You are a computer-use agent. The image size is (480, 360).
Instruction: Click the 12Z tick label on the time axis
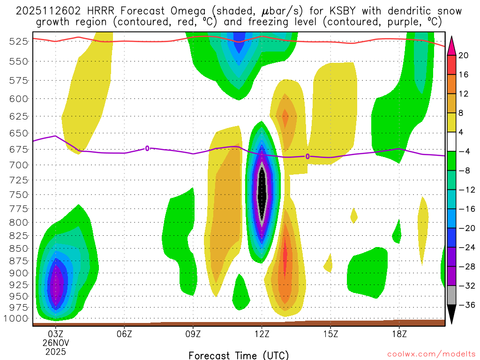tap(262, 335)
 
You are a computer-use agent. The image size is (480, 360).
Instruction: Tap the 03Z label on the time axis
tap(56, 335)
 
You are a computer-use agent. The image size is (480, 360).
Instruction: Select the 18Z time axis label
tap(399, 335)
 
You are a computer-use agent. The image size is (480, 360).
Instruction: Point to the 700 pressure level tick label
tap(18, 165)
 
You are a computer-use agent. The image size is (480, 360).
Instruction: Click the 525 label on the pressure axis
tap(18, 41)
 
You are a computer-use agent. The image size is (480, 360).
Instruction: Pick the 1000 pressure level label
tap(16, 319)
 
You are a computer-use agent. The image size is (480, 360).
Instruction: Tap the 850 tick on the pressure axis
tap(18, 248)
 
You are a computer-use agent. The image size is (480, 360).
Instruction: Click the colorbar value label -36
tap(465, 305)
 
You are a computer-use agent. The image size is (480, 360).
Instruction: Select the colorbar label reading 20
tap(464, 55)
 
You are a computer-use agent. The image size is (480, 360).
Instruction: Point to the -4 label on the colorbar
tap(463, 151)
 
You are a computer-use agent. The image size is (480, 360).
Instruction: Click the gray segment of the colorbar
tap(451, 295)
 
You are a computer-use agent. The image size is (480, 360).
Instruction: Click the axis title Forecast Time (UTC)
tap(239, 355)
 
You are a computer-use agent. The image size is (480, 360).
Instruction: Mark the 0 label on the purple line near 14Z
tap(307, 156)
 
